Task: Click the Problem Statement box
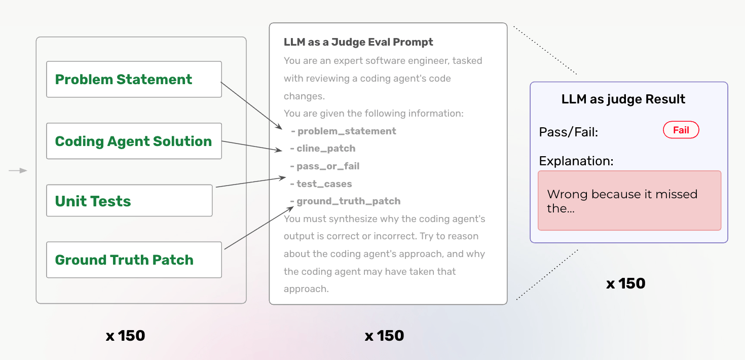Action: tap(134, 80)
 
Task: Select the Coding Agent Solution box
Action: tap(134, 141)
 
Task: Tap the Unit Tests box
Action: tap(129, 201)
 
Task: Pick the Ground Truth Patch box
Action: tap(134, 260)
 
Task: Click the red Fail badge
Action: tap(681, 130)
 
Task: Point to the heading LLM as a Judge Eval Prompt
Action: tap(358, 42)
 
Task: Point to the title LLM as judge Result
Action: tap(623, 99)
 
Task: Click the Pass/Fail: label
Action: tap(569, 132)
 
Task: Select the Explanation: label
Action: tap(576, 161)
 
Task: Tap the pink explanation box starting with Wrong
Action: tap(629, 201)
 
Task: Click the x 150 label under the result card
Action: tap(626, 283)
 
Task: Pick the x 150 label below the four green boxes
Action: tap(125, 336)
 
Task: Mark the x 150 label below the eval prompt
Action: tap(384, 336)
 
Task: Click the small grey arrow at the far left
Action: tap(18, 171)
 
